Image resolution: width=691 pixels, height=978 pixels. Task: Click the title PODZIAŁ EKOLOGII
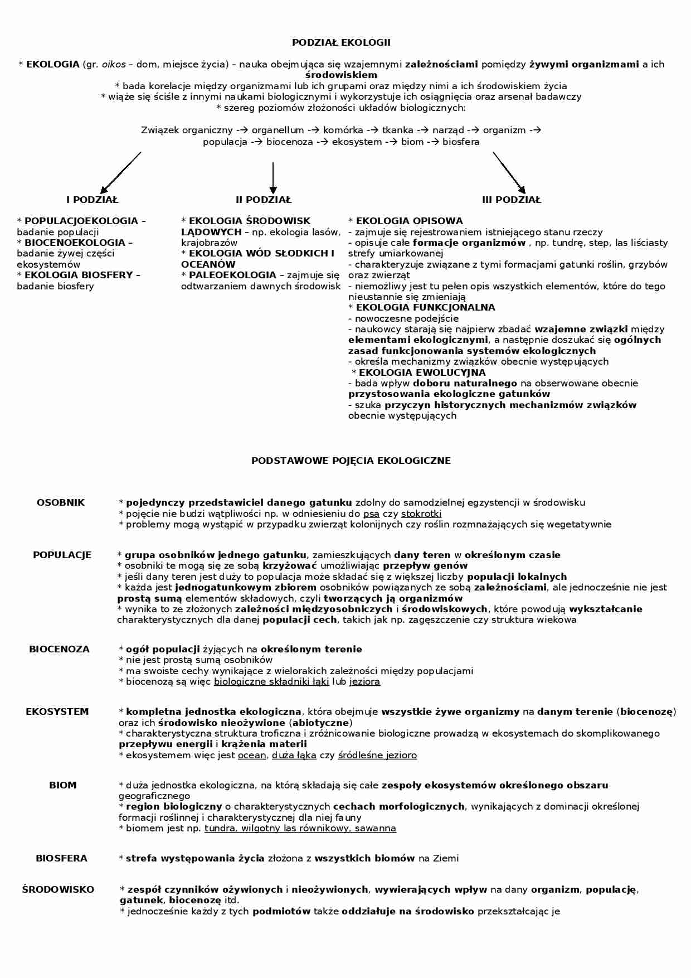point(341,42)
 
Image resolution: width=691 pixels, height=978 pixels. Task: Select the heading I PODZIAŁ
point(93,200)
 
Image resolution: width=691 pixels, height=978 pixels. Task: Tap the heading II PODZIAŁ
point(263,200)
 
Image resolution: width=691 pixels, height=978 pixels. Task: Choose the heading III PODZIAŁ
point(511,200)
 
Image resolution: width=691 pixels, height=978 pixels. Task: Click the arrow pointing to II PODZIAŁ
point(272,177)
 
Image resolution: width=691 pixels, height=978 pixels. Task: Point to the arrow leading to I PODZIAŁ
point(121,172)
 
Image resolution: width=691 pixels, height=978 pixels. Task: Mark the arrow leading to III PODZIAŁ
point(509,172)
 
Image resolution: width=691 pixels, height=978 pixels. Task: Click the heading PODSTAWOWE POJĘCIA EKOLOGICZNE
point(351,461)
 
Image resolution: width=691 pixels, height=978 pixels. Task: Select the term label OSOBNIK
point(61,502)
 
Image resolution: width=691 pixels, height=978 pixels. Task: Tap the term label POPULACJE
point(62,555)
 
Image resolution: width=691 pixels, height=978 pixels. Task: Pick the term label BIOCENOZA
point(59,649)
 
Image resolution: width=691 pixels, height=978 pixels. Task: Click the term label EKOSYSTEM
point(57,711)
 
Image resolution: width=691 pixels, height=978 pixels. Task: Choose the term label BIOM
point(62,785)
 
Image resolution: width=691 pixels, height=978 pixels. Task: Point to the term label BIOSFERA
point(61,858)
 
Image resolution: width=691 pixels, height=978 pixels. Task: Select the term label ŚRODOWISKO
point(58,889)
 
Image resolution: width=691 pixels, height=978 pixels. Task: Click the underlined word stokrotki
point(421,514)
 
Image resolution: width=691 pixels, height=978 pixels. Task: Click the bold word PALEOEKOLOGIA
point(232,275)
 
